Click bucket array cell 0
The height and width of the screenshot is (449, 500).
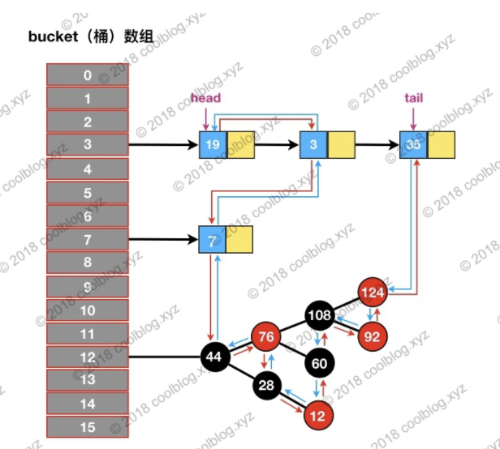pos(87,75)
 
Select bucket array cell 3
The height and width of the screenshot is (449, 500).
pos(87,146)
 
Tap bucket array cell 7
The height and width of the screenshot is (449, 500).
pos(87,240)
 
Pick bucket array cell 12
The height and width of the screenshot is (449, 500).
pos(87,357)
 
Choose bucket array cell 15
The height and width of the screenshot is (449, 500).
pos(87,427)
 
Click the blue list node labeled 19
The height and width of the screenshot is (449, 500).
pos(213,146)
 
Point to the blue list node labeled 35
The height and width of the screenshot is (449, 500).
pos(414,146)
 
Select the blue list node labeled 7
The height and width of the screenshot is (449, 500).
pos(213,240)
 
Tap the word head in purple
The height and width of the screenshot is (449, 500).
pos(205,99)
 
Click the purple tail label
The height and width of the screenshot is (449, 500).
pos(413,99)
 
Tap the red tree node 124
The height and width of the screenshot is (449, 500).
pos(373,290)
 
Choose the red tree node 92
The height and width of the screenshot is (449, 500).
pos(373,336)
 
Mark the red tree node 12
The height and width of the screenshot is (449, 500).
pos(319,416)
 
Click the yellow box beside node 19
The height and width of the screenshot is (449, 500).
pos(241,146)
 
